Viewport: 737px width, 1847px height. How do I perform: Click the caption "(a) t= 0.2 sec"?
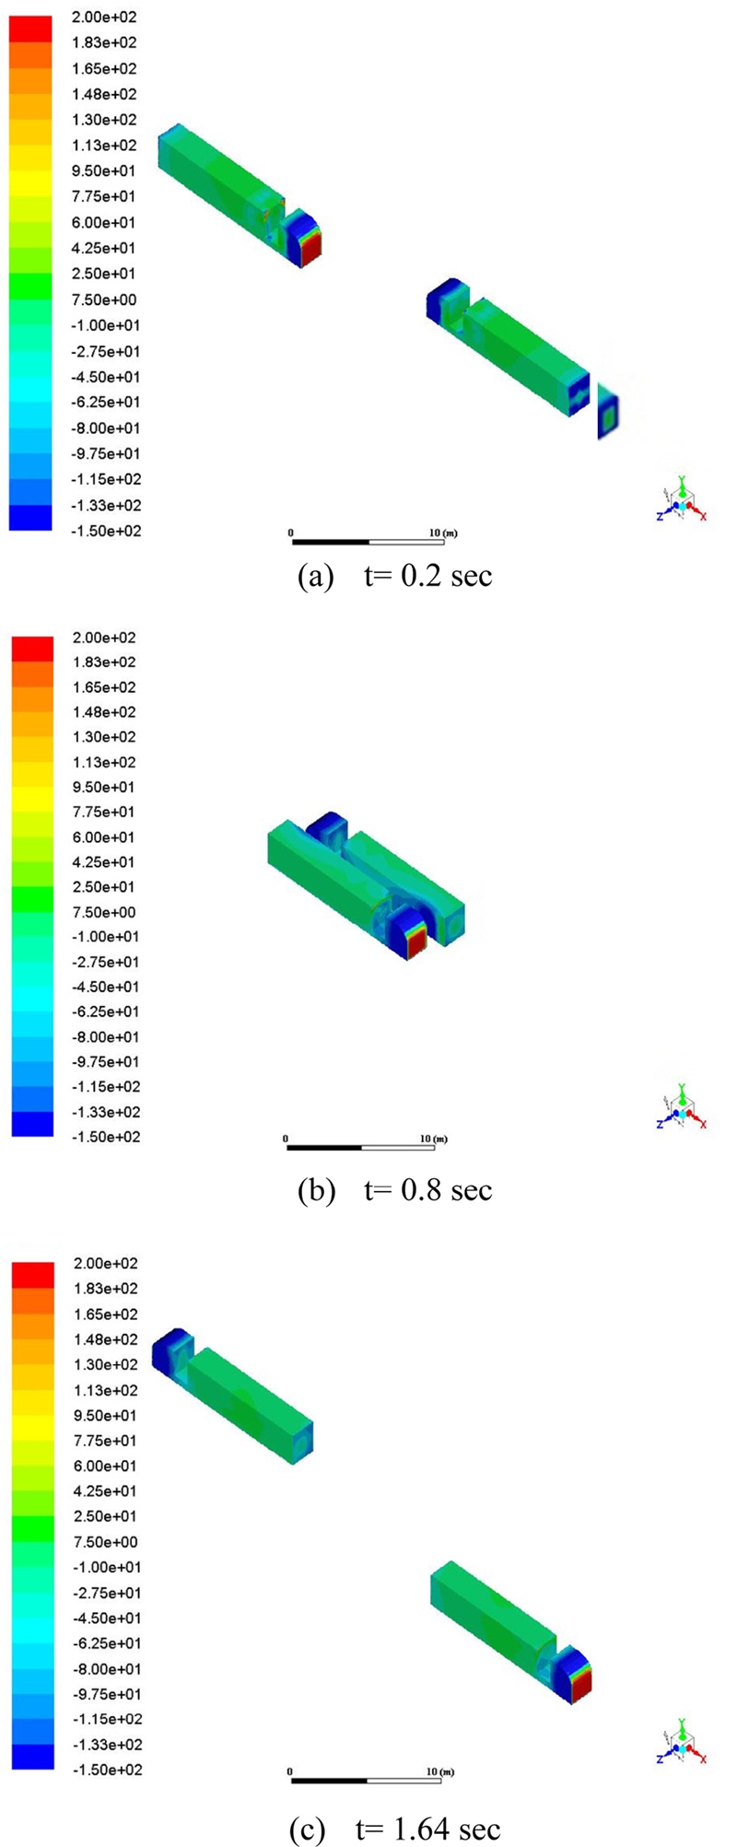point(396,576)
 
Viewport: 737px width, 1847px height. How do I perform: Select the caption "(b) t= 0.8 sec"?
point(396,1189)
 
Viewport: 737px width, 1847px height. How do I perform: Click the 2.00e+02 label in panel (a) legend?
point(107,18)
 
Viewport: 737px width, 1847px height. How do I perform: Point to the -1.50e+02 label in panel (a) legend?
point(107,531)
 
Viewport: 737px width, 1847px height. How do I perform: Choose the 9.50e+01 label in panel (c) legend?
point(105,1415)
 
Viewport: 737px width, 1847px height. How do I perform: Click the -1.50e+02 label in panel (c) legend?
point(105,1770)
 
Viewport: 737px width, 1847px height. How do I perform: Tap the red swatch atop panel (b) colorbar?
point(32,649)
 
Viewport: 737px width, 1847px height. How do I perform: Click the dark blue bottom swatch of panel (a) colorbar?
point(31,518)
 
